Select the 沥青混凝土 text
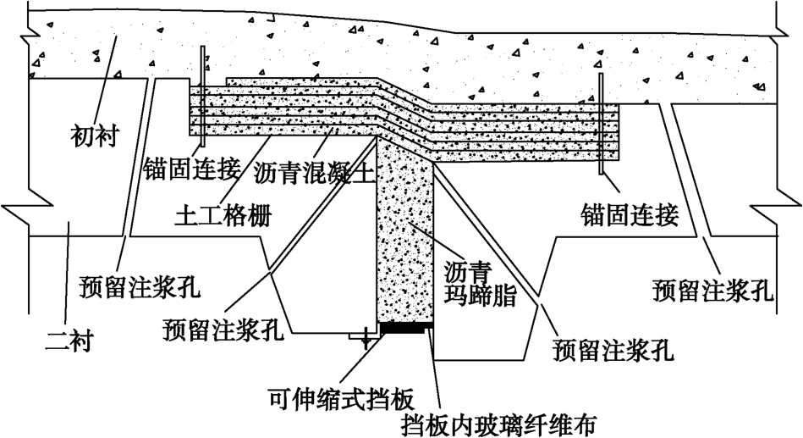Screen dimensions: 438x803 313,173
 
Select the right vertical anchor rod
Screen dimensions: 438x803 600,124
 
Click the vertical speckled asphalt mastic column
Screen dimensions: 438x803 405,237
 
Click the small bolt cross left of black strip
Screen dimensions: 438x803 366,339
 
